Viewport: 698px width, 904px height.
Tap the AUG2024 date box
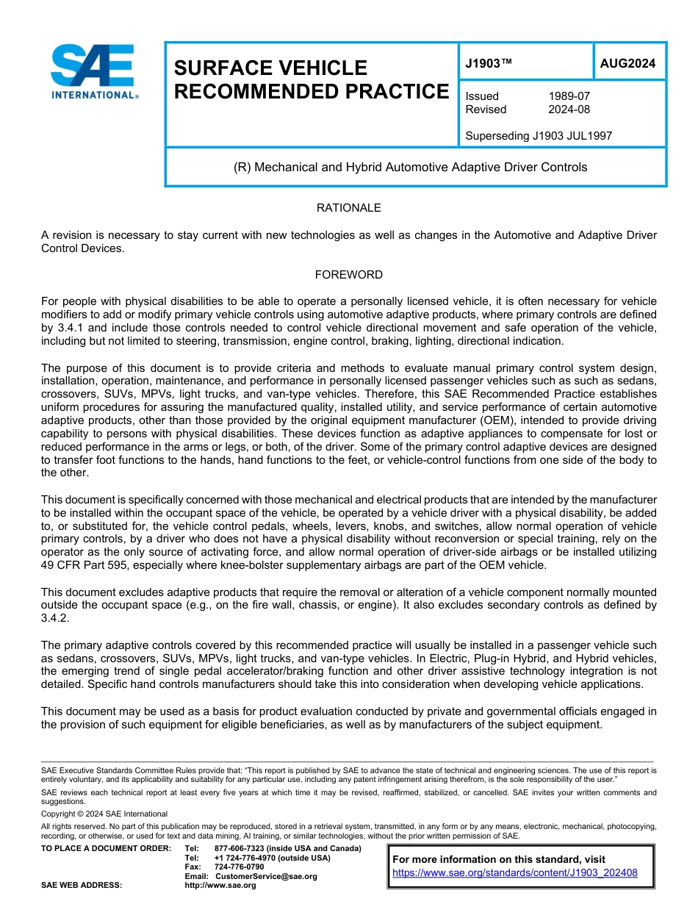coord(627,64)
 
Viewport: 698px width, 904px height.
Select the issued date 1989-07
coord(569,96)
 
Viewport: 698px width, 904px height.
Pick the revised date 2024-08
coord(569,110)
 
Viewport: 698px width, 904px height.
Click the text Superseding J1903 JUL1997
coord(539,136)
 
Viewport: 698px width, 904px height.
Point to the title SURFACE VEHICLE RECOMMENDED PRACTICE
coord(311,79)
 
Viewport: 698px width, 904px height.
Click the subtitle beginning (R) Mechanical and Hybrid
coord(410,168)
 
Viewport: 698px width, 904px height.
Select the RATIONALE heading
coord(348,208)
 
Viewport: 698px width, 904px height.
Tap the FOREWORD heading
coord(348,275)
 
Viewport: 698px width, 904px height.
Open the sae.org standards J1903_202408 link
coord(515,873)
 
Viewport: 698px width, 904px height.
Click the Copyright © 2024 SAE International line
coord(104,814)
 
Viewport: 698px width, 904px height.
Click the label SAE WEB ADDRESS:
coord(81,886)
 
